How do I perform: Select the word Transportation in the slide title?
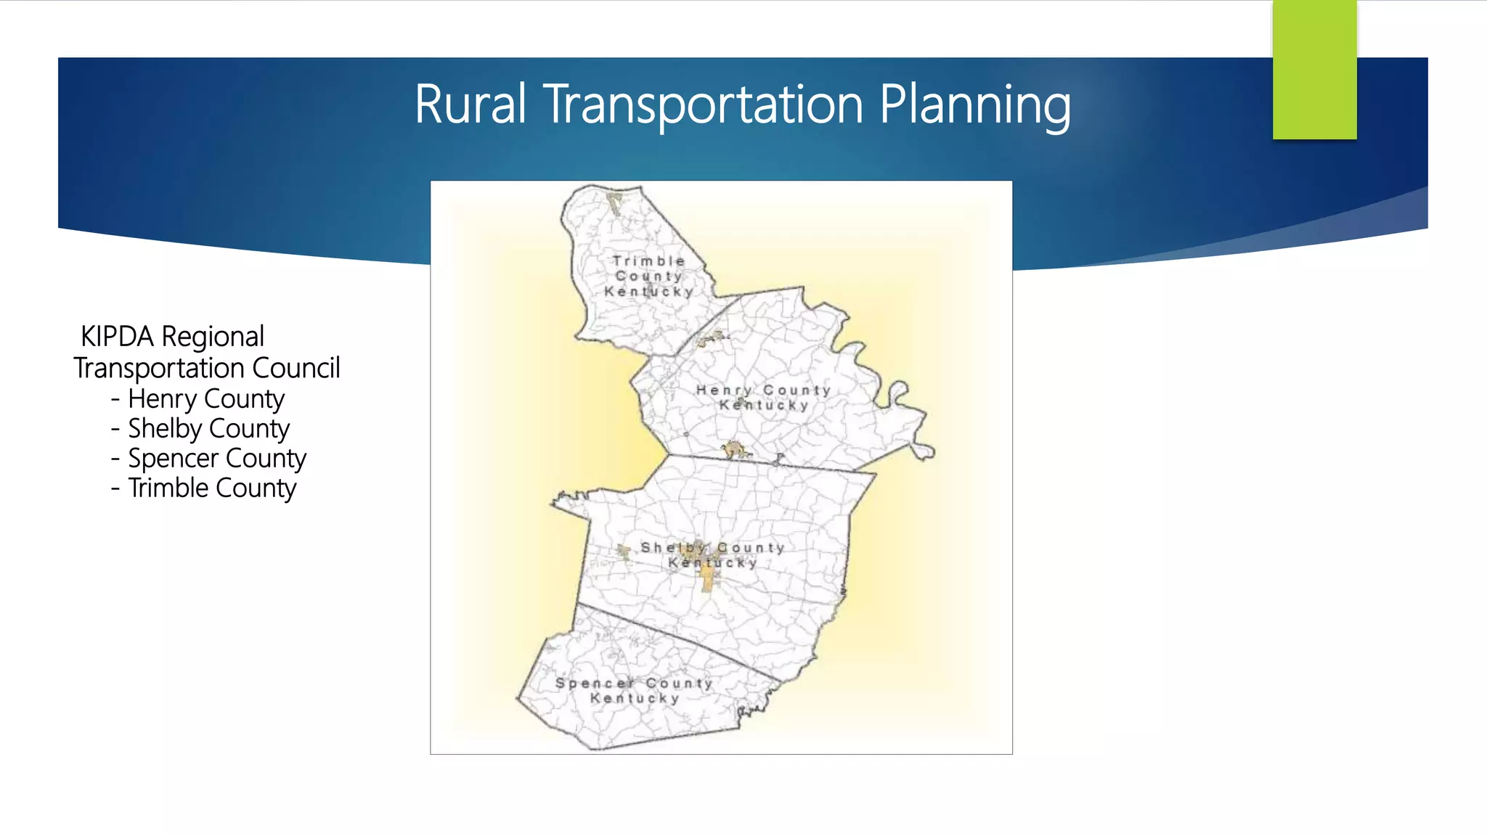click(x=703, y=105)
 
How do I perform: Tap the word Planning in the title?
click(x=974, y=105)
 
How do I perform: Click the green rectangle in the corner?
click(x=1314, y=69)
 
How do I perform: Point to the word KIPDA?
click(x=118, y=337)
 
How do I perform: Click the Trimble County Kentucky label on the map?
click(x=648, y=276)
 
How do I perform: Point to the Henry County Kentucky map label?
click(x=763, y=398)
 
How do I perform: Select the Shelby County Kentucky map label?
click(x=712, y=555)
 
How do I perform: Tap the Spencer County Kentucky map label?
click(x=634, y=691)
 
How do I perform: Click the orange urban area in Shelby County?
click(x=708, y=577)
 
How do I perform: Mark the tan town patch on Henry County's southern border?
click(x=735, y=450)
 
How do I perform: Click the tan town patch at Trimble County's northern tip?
click(x=615, y=201)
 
